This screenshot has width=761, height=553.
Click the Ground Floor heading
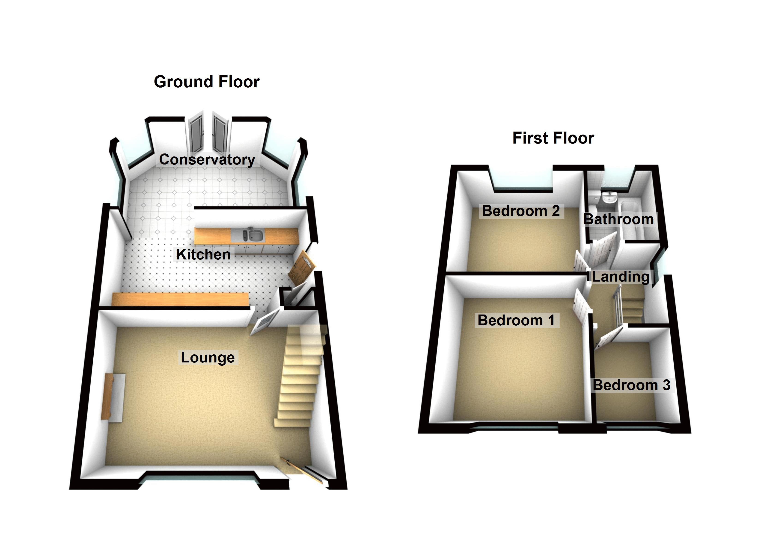pyautogui.click(x=207, y=82)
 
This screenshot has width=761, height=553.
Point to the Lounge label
pyautogui.click(x=208, y=357)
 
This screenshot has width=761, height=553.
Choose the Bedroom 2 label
pyautogui.click(x=521, y=211)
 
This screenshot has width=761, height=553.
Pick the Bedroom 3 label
pyautogui.click(x=631, y=385)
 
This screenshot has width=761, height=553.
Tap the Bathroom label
pyautogui.click(x=619, y=219)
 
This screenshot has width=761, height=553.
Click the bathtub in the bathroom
pyautogui.click(x=631, y=218)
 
